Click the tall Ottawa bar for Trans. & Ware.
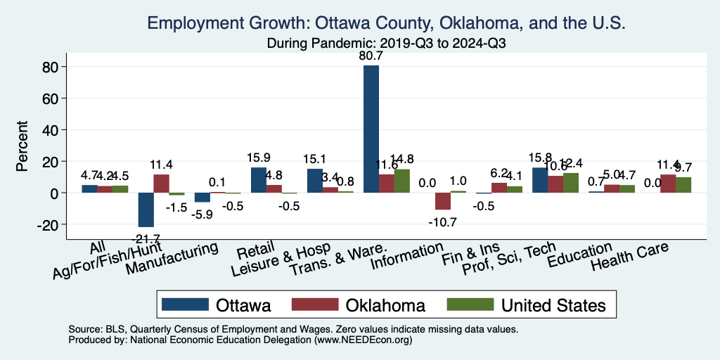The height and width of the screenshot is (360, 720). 371,129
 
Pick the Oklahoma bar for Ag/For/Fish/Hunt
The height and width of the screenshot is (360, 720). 161,184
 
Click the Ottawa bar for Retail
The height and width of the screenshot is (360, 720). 259,180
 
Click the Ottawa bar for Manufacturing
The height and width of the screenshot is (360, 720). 202,198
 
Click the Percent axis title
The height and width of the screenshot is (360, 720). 22,147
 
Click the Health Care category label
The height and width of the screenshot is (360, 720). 629,258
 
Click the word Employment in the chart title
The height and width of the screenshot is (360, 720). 194,24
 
